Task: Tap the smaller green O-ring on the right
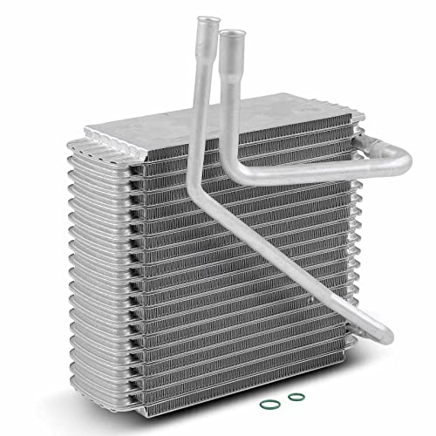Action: [295, 397]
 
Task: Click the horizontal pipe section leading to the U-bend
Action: [323, 170]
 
